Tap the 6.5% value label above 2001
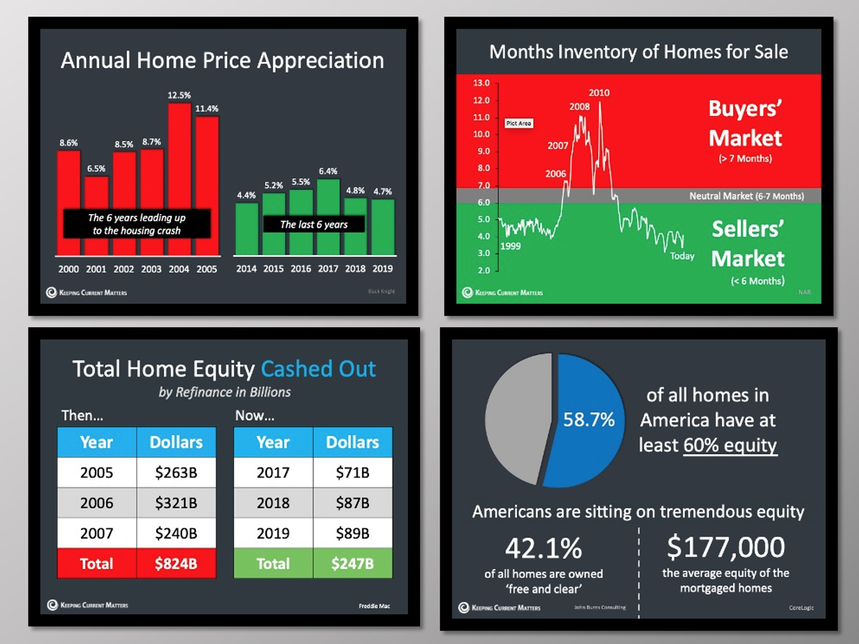pyautogui.click(x=96, y=168)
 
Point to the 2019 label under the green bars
pyautogui.click(x=382, y=268)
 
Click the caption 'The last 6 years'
pyautogui.click(x=314, y=224)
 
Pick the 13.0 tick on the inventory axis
pyautogui.click(x=481, y=83)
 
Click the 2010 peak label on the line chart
pyautogui.click(x=599, y=93)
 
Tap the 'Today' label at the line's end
pyautogui.click(x=682, y=256)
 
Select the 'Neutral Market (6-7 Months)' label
pyautogui.click(x=746, y=196)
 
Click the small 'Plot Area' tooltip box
pyautogui.click(x=518, y=123)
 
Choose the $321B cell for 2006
pyautogui.click(x=176, y=503)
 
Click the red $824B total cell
pyautogui.click(x=176, y=564)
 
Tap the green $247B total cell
pyautogui.click(x=352, y=564)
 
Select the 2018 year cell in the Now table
pyautogui.click(x=273, y=503)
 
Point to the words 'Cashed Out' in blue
pyautogui.click(x=318, y=369)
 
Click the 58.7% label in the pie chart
pyautogui.click(x=589, y=420)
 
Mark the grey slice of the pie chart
pyautogui.click(x=515, y=417)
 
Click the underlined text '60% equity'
pyautogui.click(x=730, y=445)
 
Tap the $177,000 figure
pyautogui.click(x=726, y=548)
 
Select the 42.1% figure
pyautogui.click(x=543, y=548)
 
